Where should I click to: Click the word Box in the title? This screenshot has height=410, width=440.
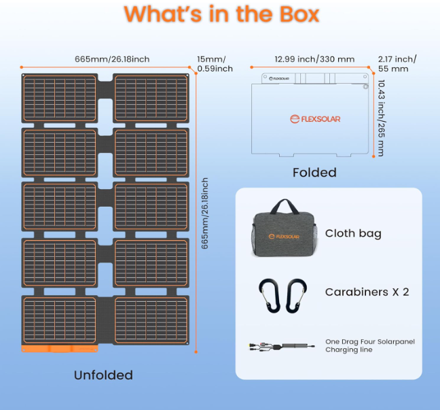299,14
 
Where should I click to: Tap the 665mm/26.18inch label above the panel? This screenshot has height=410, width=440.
112,59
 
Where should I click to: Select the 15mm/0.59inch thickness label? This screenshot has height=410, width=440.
215,64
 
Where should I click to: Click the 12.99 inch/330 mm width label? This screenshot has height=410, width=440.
314,59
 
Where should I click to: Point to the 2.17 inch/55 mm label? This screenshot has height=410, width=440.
397,64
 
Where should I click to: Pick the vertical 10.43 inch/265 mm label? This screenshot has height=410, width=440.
381,118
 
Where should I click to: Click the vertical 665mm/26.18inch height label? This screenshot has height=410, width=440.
205,213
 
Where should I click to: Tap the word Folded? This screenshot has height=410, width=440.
314,173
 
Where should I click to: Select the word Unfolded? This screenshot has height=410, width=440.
103,375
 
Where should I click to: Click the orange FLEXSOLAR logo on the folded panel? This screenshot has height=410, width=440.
315,119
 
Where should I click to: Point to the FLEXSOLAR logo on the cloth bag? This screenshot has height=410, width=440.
284,237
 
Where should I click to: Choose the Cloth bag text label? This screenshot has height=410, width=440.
353,233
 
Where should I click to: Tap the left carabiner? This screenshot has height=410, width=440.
270,296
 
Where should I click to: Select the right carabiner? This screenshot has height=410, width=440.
296,296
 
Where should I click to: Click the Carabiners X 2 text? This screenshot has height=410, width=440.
367,292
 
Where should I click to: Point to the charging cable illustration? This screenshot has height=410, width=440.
282,347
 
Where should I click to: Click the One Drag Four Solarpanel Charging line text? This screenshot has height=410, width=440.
370,345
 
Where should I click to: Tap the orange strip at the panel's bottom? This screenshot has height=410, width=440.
60,348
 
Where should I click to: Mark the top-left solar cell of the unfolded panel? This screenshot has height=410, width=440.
60,99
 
